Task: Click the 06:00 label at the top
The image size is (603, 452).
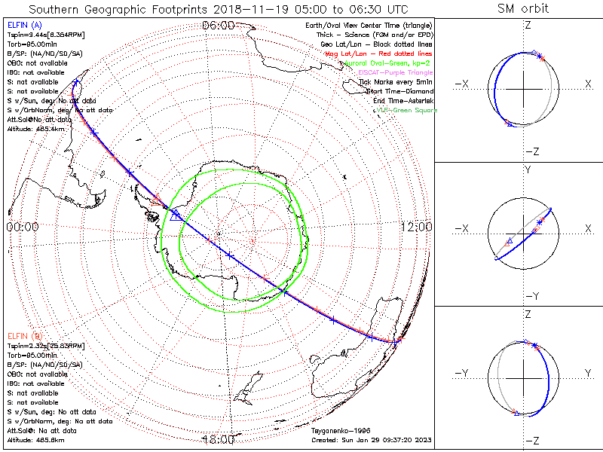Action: click(x=218, y=26)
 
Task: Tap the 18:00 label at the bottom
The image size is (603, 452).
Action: click(x=218, y=439)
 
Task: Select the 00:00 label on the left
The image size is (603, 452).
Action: click(x=23, y=227)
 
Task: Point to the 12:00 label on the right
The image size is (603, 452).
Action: click(x=415, y=227)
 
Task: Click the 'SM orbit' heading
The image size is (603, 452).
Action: click(x=523, y=9)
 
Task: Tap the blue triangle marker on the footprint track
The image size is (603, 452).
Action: click(x=175, y=215)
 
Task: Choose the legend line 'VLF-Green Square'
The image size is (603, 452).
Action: click(x=407, y=111)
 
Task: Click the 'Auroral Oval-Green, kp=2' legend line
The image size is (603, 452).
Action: click(x=393, y=63)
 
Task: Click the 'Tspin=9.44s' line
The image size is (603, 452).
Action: click(x=41, y=35)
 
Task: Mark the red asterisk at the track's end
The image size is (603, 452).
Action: click(x=400, y=340)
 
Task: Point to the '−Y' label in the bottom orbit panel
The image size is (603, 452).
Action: click(x=464, y=373)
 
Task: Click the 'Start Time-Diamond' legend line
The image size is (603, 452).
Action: click(x=399, y=90)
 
